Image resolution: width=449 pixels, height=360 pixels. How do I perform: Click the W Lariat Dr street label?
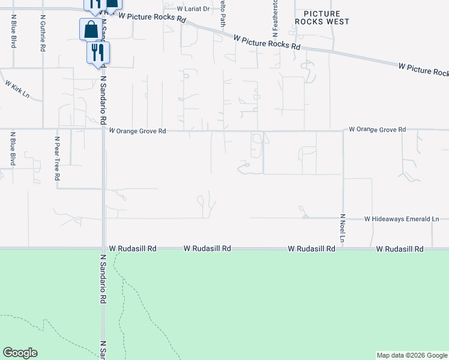(194, 9)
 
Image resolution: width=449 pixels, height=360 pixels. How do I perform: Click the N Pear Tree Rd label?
(57, 158)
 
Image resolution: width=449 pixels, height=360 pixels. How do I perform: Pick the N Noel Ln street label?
(343, 229)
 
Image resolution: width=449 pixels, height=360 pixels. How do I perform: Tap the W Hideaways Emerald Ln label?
(405, 219)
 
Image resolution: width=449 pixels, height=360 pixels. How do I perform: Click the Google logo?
(20, 353)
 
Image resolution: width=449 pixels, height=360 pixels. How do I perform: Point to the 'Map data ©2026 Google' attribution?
(412, 355)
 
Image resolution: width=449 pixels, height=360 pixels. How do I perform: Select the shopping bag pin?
(91, 29)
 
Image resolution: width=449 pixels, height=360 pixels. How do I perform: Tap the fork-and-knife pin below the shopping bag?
(98, 52)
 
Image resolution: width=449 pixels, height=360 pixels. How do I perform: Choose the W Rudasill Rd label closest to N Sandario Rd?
(132, 248)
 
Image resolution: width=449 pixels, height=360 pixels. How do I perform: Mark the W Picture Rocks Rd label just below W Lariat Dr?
(152, 17)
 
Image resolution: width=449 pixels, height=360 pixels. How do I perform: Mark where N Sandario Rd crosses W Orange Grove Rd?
(103, 128)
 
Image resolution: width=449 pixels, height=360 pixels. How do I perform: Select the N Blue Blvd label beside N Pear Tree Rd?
(13, 152)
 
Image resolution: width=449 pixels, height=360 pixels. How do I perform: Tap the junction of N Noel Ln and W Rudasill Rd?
(343, 247)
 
